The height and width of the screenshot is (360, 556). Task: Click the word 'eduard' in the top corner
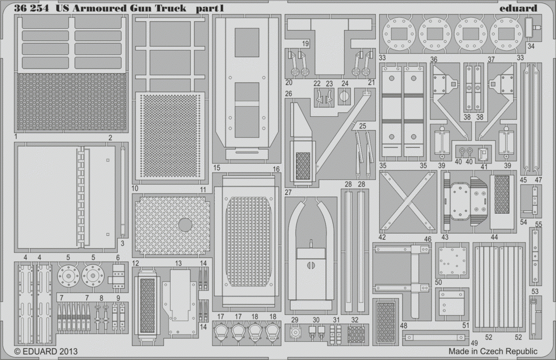pyautogui.click(x=518, y=8)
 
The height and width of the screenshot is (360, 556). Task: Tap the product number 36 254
pyautogui.click(x=31, y=8)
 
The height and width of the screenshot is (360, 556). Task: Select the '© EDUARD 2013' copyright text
pyautogui.click(x=46, y=352)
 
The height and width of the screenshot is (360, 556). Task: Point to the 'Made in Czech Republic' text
pyautogui.click(x=493, y=351)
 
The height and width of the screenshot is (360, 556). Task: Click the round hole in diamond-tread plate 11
pyautogui.click(x=185, y=224)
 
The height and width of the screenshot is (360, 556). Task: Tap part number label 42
pyautogui.click(x=382, y=237)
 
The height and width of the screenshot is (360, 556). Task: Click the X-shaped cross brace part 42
pyautogui.click(x=408, y=201)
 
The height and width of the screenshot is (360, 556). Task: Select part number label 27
pyautogui.click(x=288, y=192)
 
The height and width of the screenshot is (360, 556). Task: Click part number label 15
pyautogui.click(x=217, y=167)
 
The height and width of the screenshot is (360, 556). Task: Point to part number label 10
pyautogui.click(x=135, y=188)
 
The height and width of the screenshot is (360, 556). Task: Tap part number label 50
pyautogui.click(x=438, y=282)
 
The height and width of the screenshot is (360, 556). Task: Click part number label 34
pyautogui.click(x=530, y=46)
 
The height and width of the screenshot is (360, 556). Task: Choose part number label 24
pyautogui.click(x=345, y=84)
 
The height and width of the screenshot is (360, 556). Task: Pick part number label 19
pyautogui.click(x=306, y=43)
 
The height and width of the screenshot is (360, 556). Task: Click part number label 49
pyautogui.click(x=474, y=343)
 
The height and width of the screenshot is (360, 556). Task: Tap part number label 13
pyautogui.click(x=178, y=263)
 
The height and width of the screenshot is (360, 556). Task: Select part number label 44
pyautogui.click(x=494, y=237)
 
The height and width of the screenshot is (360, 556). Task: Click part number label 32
pyautogui.click(x=355, y=320)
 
